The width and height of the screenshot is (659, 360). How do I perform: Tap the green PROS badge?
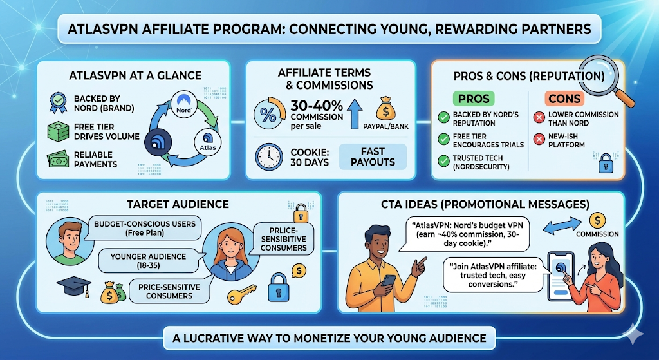pyautogui.click(x=473, y=99)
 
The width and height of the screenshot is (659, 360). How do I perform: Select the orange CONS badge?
pyautogui.click(x=564, y=99)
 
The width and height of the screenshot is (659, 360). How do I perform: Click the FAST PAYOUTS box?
pyautogui.click(x=373, y=157)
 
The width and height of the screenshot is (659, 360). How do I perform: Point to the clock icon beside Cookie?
pyautogui.click(x=269, y=157)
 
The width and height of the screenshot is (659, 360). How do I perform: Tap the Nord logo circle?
pyautogui.click(x=183, y=104)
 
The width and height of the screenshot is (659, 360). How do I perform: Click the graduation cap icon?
pyautogui.click(x=74, y=287)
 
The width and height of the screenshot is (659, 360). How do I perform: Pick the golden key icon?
pyautogui.click(x=242, y=294)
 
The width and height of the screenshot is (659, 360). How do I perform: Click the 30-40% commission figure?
pyautogui.click(x=317, y=105)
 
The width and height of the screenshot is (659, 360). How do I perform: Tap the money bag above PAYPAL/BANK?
pyautogui.click(x=386, y=109)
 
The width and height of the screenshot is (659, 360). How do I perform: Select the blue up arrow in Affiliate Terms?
pyautogui.click(x=355, y=113)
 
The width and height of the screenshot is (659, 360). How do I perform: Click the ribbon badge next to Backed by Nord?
pyautogui.click(x=58, y=103)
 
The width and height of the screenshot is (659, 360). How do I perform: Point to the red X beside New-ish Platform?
pyautogui.click(x=539, y=139)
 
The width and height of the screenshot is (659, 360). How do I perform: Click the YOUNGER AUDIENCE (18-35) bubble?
pyautogui.click(x=149, y=261)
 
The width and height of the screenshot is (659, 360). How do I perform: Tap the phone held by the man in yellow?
pyautogui.click(x=389, y=280)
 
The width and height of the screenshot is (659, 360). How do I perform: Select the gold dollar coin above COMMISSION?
pyautogui.click(x=597, y=220)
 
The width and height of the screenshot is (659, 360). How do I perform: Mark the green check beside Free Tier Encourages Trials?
pyautogui.click(x=444, y=139)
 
